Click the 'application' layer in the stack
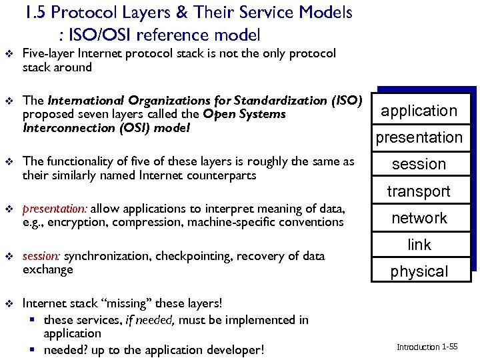coord(419,111)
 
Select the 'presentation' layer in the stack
coord(419,137)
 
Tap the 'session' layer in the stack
coord(419,164)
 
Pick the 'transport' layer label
coord(419,191)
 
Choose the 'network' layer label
coord(419,218)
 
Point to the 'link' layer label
coord(419,245)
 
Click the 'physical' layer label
coord(419,271)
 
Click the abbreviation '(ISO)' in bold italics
coord(346,101)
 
